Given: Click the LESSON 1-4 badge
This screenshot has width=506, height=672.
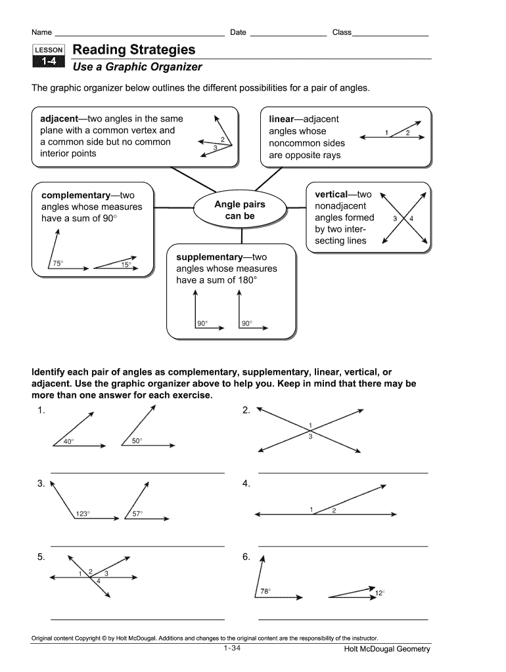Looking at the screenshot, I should click(x=49, y=56).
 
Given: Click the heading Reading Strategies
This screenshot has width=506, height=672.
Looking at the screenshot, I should click(x=134, y=50).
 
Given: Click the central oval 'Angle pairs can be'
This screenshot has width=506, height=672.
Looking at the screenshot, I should click(x=240, y=210).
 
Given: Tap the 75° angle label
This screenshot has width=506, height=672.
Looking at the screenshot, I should click(x=57, y=264).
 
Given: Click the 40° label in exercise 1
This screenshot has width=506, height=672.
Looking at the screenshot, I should click(x=68, y=442).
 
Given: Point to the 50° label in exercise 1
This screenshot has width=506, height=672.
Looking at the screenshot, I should click(x=137, y=441).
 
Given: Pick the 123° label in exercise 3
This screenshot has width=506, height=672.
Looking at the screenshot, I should click(x=82, y=514).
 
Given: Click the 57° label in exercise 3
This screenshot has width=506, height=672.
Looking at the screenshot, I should click(x=137, y=514).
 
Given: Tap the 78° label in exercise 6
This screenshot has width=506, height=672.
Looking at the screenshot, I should click(x=265, y=591).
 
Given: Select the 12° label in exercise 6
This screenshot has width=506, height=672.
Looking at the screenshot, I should click(x=379, y=593).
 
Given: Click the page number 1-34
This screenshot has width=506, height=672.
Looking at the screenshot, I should click(x=233, y=648).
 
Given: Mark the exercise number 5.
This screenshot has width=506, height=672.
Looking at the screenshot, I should click(x=41, y=556).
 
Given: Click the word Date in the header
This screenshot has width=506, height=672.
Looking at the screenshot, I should click(x=238, y=32).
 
